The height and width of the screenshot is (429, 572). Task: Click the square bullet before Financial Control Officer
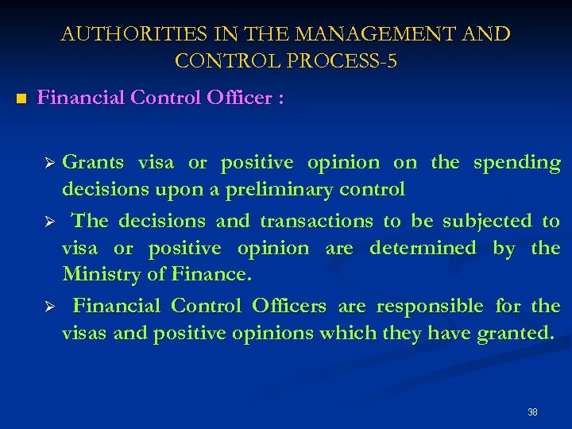[21, 99]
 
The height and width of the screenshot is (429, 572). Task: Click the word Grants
[93, 163]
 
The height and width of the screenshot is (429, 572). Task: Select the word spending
[516, 163]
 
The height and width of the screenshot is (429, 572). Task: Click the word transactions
[316, 221]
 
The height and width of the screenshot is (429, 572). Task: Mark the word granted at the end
[514, 334]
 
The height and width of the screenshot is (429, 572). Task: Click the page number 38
[532, 412]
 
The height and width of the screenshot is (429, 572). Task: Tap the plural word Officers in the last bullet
[288, 306]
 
